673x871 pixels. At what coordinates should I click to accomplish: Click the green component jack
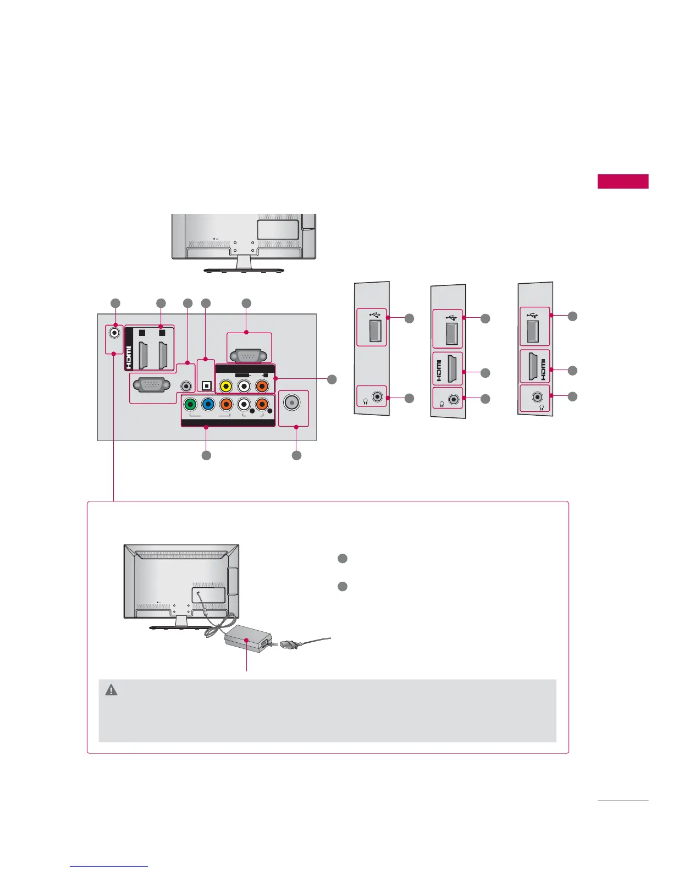pos(190,404)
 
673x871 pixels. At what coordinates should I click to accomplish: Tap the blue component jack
pos(208,404)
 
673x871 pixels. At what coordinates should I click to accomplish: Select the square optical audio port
pos(207,386)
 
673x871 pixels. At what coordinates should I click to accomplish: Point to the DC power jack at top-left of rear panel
pos(114,333)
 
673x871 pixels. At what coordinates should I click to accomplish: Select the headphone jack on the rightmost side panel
pos(537,396)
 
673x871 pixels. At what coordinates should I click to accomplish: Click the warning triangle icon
pos(111,690)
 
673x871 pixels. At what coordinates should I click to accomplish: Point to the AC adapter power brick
pos(245,640)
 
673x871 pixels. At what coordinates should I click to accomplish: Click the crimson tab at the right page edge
pos(623,181)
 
